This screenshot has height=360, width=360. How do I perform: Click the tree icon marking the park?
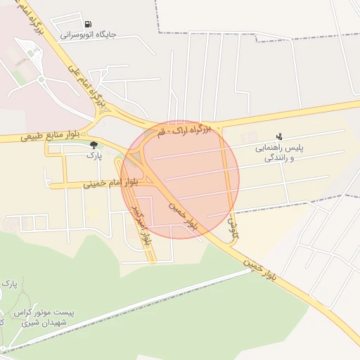[94, 145]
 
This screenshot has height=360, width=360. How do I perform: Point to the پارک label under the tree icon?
[94, 155]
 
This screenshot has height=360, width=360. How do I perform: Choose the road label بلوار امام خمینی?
[110, 183]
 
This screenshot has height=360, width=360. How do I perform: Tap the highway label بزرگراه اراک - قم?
[184, 131]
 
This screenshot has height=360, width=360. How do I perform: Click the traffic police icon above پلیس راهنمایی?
[279, 136]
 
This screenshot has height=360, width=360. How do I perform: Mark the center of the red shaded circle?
[180, 179]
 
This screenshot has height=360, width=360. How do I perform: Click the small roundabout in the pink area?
[41, 79]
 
